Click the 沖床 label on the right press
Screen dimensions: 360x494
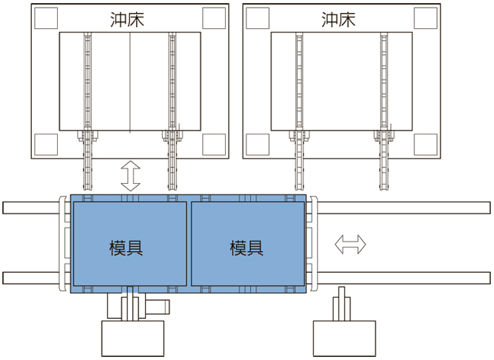coord(338,19)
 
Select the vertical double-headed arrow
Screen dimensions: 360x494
coord(130,175)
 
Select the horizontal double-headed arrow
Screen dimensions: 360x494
coord(351,245)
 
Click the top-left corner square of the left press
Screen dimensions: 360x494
coord(44,17)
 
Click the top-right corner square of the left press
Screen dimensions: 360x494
coord(214,17)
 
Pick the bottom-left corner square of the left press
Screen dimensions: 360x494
coord(44,142)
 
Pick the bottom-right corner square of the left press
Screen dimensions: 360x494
coord(214,142)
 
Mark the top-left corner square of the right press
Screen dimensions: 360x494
coord(256,17)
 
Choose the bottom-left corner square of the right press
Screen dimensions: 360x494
coord(256,142)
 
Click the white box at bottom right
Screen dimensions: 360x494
coord(344,338)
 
